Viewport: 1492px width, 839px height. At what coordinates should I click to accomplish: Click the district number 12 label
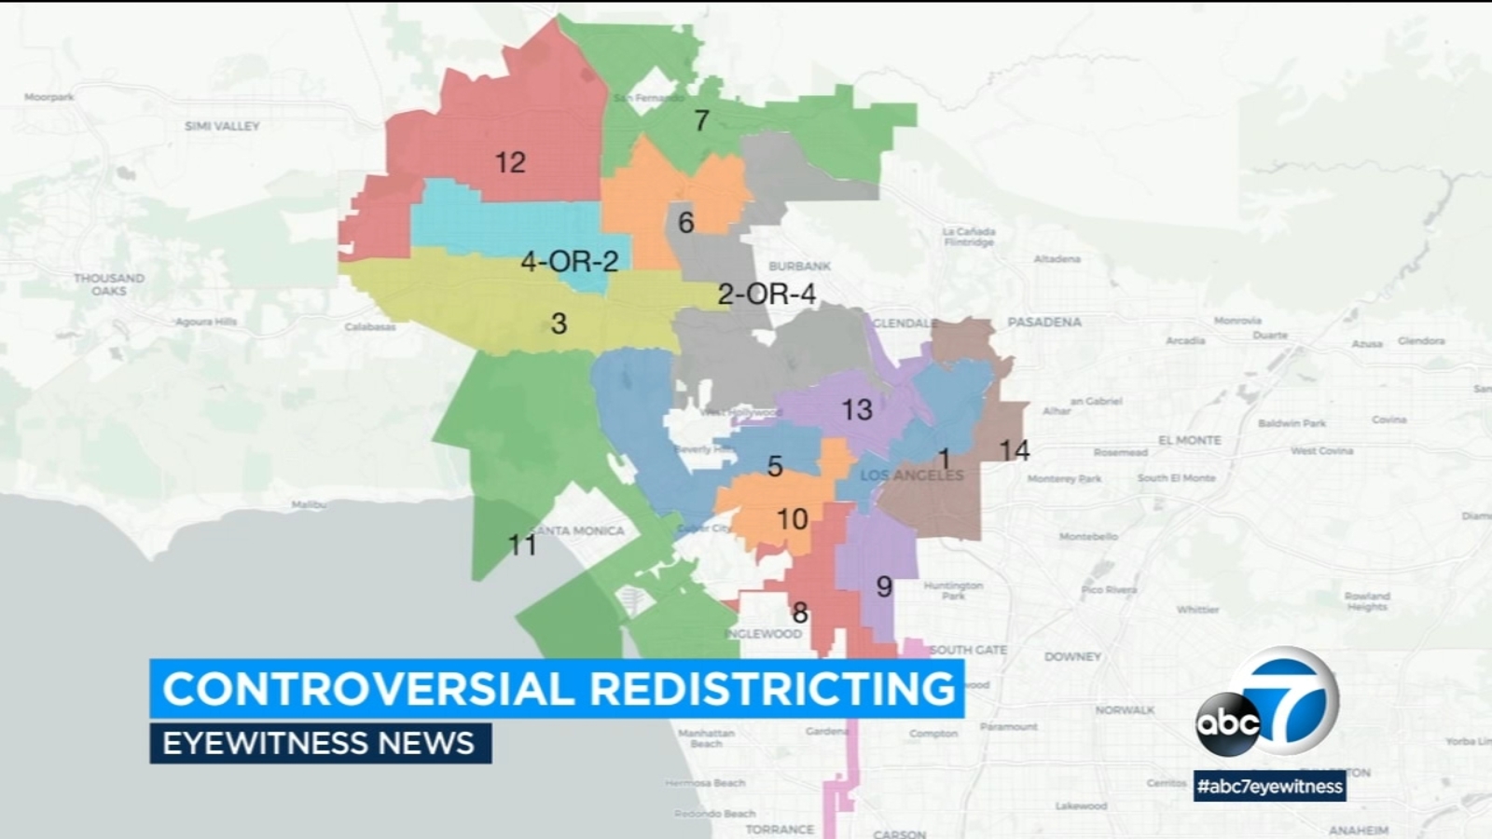[x=510, y=163]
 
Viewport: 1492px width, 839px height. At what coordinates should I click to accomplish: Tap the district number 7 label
[x=701, y=120]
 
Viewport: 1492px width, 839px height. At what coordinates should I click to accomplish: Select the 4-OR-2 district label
[x=569, y=261]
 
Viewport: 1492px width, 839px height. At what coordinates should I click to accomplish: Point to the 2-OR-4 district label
[x=767, y=295]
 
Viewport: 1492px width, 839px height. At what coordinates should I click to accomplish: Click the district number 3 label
[x=559, y=323]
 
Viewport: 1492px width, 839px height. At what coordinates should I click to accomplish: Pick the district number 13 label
[x=856, y=409]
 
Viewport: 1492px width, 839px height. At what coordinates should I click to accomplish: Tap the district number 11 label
[x=521, y=544]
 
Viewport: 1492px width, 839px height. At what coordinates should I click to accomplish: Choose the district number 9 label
[x=884, y=586]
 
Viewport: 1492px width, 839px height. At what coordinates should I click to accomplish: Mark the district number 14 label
[x=1014, y=450]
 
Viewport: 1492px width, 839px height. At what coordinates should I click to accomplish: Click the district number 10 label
[x=792, y=518]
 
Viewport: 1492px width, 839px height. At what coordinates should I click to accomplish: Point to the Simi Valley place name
[x=222, y=126]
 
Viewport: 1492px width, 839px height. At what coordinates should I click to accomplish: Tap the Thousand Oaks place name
[x=109, y=284]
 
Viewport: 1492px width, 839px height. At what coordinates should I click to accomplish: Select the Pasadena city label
[x=1044, y=322]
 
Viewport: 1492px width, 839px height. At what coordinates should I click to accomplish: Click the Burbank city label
[x=799, y=267]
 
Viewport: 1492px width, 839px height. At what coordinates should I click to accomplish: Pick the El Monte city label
[x=1189, y=440]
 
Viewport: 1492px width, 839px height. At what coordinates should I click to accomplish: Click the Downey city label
[x=1072, y=656]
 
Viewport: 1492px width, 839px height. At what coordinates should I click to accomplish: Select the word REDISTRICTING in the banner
[x=773, y=689]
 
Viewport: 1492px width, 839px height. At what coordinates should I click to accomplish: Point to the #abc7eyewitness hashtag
[x=1270, y=786]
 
